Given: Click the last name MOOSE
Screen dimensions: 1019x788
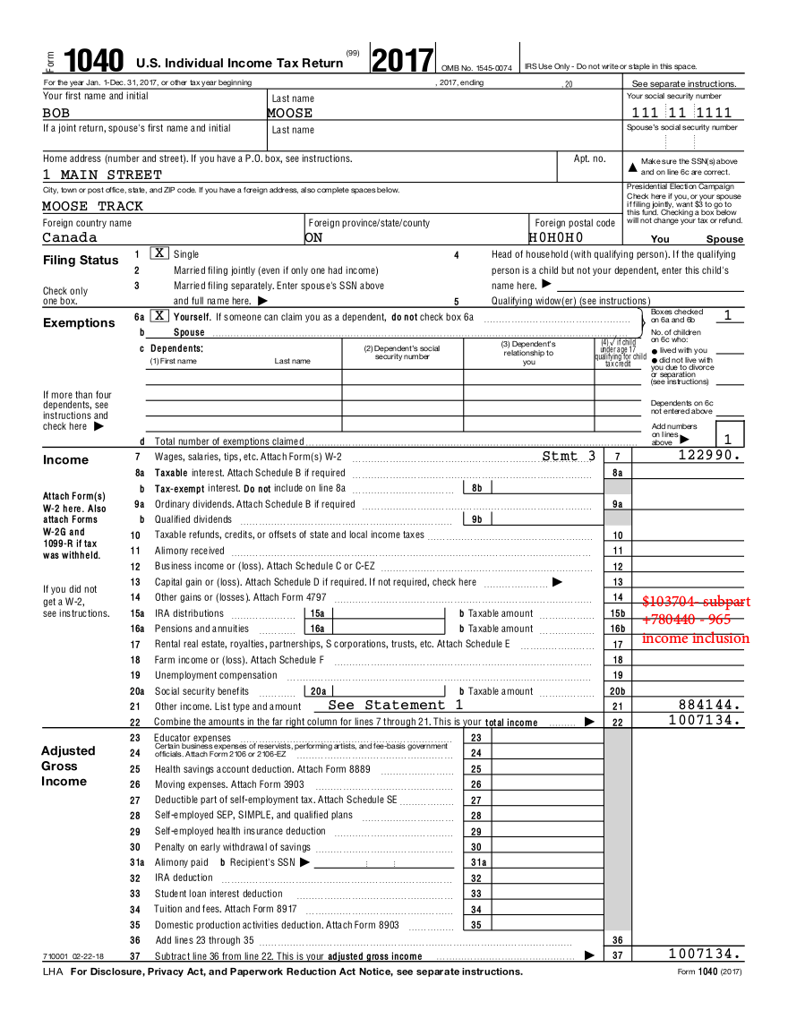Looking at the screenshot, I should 290,114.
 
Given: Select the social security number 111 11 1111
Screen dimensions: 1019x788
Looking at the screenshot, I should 681,113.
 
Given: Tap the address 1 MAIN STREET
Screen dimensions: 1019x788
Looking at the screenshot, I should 102,175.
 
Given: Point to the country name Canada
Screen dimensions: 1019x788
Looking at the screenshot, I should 70,237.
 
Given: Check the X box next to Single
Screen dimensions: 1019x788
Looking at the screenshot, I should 158,253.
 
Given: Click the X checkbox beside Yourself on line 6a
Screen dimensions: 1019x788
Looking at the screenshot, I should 158,316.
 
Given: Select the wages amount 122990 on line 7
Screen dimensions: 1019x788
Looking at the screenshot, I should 710,456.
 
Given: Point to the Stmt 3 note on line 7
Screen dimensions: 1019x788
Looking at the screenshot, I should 569,456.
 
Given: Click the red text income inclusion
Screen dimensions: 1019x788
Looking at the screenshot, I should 695,638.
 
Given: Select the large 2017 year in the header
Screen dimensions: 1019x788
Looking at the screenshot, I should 402,60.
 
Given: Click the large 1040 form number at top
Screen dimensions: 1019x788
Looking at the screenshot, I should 94,61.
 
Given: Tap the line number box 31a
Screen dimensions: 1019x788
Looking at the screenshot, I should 478,862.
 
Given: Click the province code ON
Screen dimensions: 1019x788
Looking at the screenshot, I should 313,237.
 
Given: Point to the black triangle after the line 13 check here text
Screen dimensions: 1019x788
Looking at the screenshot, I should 557,582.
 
